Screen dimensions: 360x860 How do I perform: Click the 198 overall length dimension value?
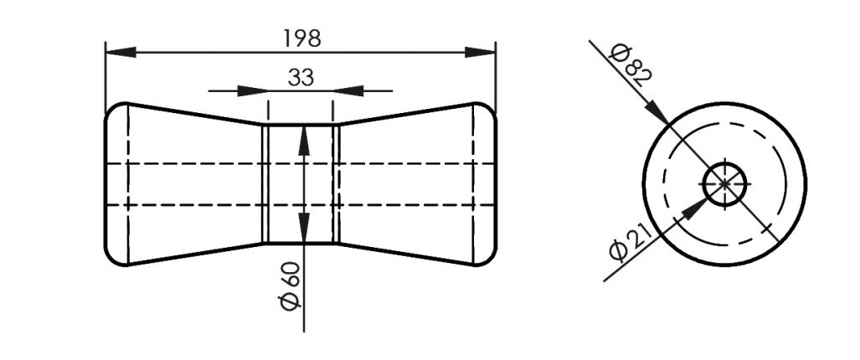301,38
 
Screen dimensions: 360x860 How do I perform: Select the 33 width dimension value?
301,78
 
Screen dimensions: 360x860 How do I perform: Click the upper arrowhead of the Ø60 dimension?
303,139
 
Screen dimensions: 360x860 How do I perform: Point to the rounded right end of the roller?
495,184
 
